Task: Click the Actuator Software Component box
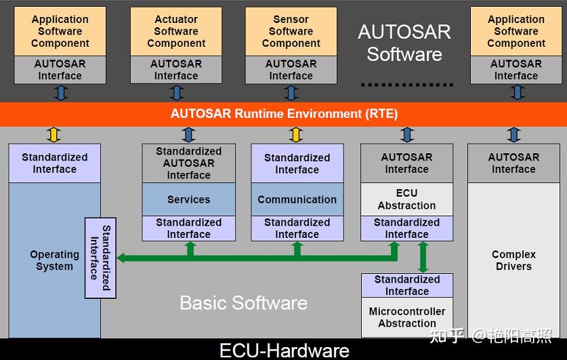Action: (x=176, y=31)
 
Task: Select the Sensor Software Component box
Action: (x=291, y=31)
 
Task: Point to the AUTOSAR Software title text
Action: (x=404, y=43)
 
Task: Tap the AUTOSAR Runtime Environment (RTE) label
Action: (x=284, y=113)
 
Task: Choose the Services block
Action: (x=188, y=199)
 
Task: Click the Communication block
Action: (x=297, y=199)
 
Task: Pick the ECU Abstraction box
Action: (x=406, y=199)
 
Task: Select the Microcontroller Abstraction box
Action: (x=406, y=317)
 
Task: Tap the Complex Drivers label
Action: (x=513, y=260)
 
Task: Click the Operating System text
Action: (x=54, y=260)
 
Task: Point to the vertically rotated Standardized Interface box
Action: (x=100, y=258)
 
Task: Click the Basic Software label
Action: (x=243, y=302)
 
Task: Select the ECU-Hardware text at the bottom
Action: (x=284, y=350)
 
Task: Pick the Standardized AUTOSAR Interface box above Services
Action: (x=188, y=163)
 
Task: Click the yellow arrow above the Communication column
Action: (x=296, y=135)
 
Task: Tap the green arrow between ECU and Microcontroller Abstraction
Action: (x=423, y=257)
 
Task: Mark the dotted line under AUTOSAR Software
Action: (x=406, y=85)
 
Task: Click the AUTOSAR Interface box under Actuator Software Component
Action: (x=176, y=70)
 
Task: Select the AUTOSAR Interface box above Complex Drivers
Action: (x=513, y=163)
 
